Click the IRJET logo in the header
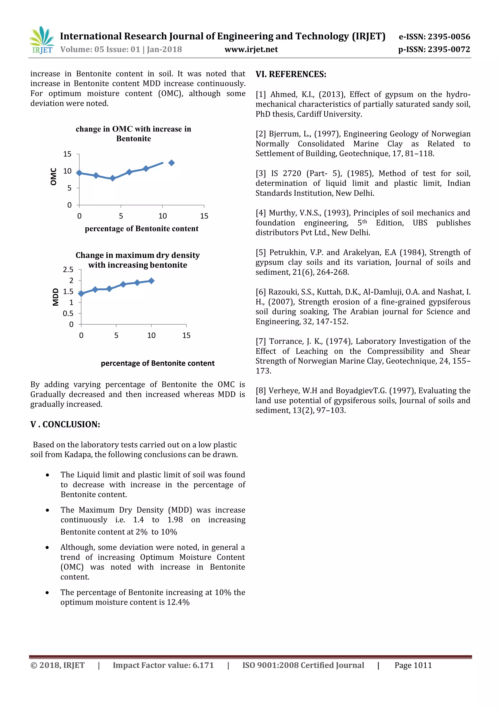(42, 40)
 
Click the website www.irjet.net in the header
(251, 49)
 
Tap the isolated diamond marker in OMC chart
(171, 163)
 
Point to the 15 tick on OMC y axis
(67, 154)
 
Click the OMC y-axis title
(53, 176)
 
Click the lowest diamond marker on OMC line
(113, 178)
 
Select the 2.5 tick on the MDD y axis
(68, 270)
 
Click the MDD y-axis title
(56, 297)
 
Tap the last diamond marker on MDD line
(151, 281)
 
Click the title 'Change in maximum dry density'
(137, 255)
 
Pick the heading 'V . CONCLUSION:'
(65, 424)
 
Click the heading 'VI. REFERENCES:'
(291, 74)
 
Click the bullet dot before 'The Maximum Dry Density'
(47, 510)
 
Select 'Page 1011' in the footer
(413, 665)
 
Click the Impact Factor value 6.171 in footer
(203, 665)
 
